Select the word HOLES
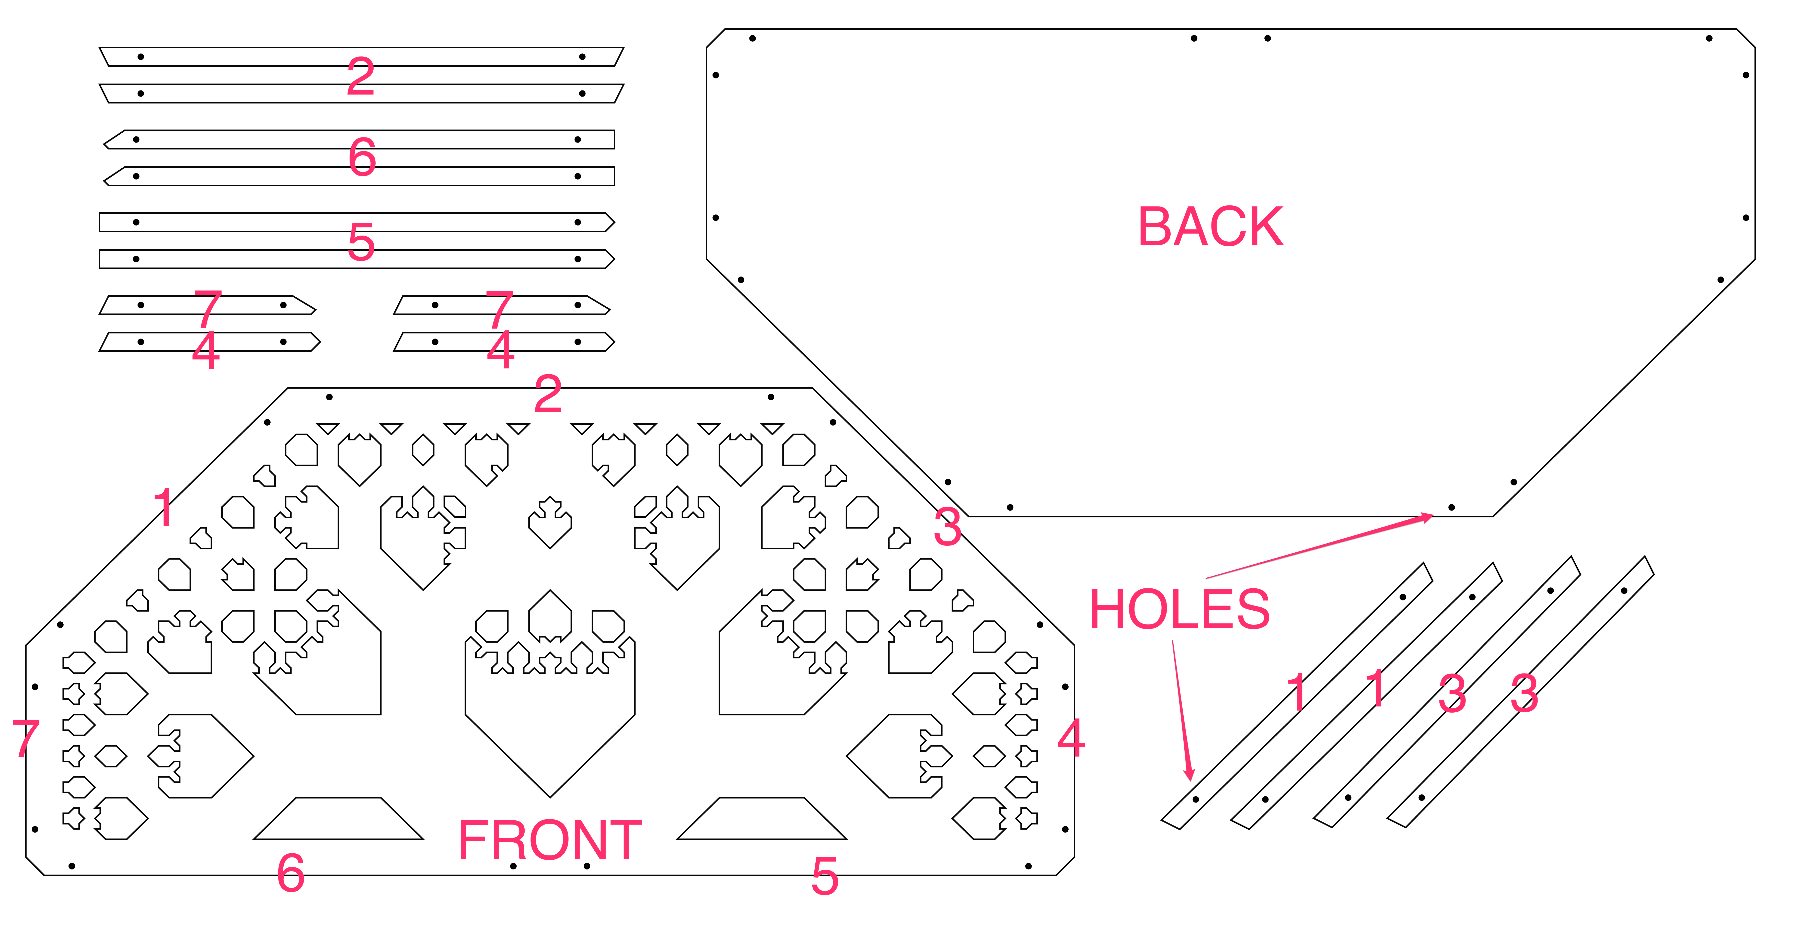[1180, 609]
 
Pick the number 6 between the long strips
[362, 157]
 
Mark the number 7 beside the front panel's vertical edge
[26, 738]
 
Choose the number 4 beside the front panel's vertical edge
[1071, 738]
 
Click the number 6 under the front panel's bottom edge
[291, 873]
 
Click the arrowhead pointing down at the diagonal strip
[1190, 774]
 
